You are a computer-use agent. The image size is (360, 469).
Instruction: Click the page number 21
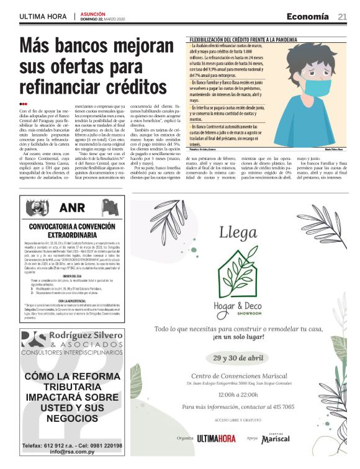343,16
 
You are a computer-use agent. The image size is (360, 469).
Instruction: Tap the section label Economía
308,16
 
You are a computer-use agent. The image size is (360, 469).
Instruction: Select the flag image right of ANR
110,207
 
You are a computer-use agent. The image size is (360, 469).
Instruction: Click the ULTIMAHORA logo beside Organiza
216,439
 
